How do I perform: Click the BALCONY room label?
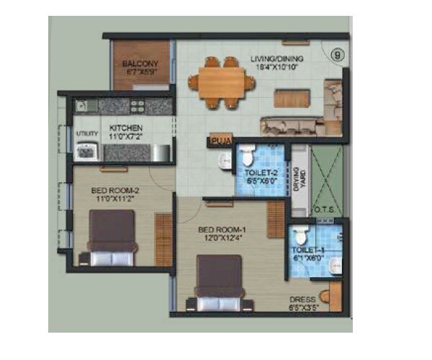(x=140, y=63)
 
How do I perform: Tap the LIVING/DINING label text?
(x=276, y=58)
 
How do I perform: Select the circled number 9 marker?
(x=335, y=53)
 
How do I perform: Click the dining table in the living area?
(x=220, y=81)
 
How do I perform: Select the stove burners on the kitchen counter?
(x=136, y=106)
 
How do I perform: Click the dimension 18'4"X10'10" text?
(x=276, y=67)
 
